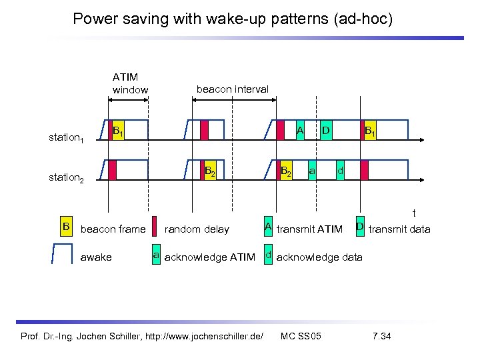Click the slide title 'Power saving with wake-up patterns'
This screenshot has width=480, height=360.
(x=233, y=19)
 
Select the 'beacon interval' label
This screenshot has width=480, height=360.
(x=232, y=89)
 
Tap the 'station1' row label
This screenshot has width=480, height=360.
(x=66, y=138)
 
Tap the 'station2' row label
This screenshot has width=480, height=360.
(x=66, y=177)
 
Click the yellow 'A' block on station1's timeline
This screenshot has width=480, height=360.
(x=301, y=129)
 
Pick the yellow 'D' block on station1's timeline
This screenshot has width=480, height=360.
(x=326, y=129)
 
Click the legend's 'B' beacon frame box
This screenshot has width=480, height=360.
(x=66, y=227)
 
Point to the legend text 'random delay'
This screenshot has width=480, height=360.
(x=196, y=229)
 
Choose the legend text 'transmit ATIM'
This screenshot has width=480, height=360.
(x=309, y=229)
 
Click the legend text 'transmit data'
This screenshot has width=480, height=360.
(x=399, y=229)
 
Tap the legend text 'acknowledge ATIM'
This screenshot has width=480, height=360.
(x=209, y=257)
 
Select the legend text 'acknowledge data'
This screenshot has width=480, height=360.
(x=319, y=257)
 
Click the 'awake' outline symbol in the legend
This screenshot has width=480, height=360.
(x=63, y=255)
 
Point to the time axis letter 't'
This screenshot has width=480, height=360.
(x=414, y=213)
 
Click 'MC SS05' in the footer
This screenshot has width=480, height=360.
(x=301, y=335)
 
